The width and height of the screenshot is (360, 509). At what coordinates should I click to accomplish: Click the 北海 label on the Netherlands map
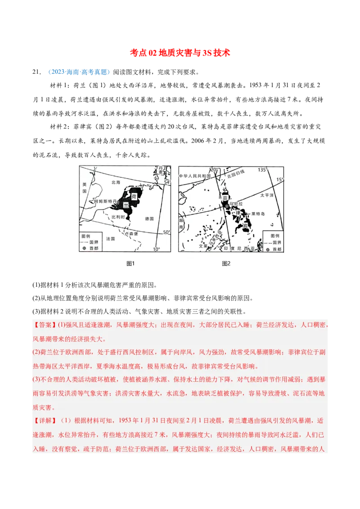point(116,183)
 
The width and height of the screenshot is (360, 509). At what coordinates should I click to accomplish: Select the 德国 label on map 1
point(149,219)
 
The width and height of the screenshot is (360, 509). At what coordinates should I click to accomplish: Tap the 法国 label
point(110,238)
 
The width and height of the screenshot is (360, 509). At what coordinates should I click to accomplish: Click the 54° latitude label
point(167,182)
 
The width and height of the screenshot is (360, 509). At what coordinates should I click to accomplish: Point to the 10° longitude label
point(156,249)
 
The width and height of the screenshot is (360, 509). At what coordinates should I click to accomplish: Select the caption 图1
point(130,263)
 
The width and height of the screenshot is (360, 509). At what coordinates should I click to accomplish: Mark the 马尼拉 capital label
point(235,204)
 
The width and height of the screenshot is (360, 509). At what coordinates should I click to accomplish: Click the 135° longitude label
point(262,170)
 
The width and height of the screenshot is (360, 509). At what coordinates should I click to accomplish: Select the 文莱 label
point(203,246)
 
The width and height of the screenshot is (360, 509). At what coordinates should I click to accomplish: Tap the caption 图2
point(226,263)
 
